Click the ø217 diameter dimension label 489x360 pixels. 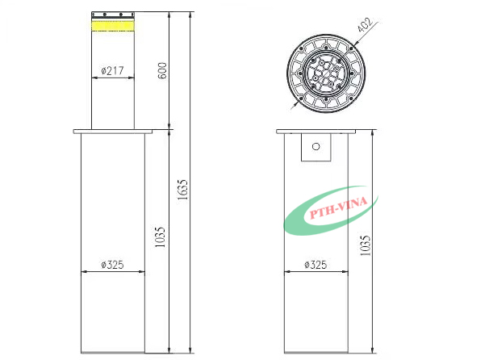[112, 71]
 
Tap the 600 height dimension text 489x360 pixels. [162, 71]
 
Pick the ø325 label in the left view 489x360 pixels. [112, 265]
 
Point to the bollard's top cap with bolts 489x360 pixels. [112, 15]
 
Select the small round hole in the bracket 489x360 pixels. [316, 147]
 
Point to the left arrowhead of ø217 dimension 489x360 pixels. [94, 77]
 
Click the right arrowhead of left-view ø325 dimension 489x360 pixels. [143, 271]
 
